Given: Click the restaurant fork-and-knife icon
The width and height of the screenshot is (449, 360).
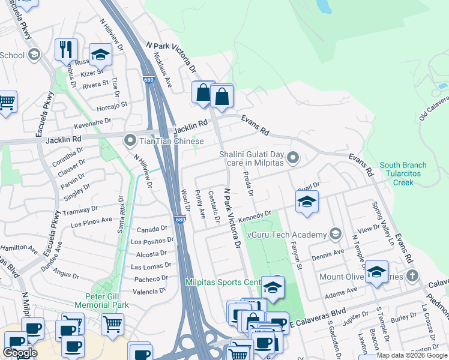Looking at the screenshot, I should click(65, 50).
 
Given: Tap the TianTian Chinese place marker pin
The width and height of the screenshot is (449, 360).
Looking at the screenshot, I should click(130, 142).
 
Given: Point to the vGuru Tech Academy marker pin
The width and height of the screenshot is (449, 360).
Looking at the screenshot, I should click(336, 234).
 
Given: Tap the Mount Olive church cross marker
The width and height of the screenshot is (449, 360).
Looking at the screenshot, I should click(412, 277).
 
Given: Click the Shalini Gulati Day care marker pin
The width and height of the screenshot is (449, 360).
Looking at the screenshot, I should click(293, 158).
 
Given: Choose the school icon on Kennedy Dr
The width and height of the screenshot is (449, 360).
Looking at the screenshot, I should click(306, 202).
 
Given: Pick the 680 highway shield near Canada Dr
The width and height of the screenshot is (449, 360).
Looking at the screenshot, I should click(179, 219).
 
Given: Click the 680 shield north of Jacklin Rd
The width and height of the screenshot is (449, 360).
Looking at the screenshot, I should click(149, 79).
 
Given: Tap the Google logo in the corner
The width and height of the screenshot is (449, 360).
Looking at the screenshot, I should click(20, 353).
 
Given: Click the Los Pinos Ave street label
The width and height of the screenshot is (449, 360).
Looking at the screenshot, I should click(92, 222).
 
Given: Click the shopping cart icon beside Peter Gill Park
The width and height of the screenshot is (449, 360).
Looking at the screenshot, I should click(112, 325).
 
